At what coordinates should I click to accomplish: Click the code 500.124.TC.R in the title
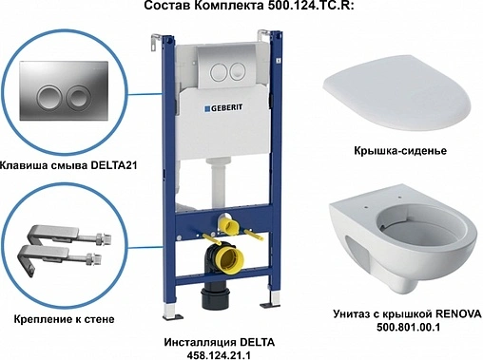click(306, 9)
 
